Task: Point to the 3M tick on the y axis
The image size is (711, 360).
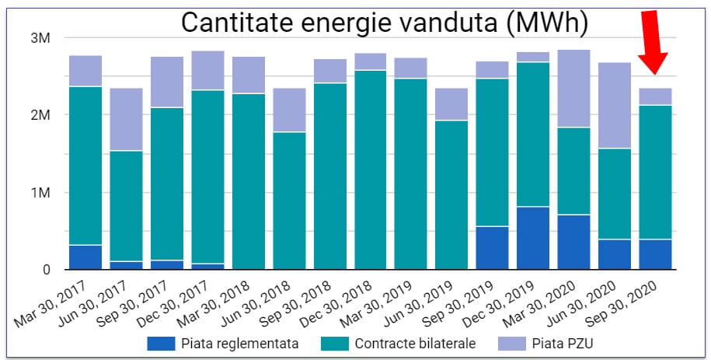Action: tap(40, 37)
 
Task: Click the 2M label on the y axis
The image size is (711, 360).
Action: tap(40, 115)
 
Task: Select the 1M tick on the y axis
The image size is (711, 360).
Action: tap(40, 193)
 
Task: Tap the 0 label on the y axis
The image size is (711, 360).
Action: tap(47, 270)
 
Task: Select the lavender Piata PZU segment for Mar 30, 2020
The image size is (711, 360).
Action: tap(574, 88)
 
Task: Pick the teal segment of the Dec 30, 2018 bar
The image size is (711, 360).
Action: tap(371, 170)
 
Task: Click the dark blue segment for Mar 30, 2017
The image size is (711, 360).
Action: tap(86, 257)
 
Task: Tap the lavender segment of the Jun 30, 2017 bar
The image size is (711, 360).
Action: tap(127, 119)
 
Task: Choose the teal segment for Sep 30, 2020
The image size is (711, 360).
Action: tap(655, 172)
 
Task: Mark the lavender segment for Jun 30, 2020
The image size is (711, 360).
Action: tap(615, 105)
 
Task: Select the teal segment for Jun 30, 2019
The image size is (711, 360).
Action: tap(451, 194)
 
